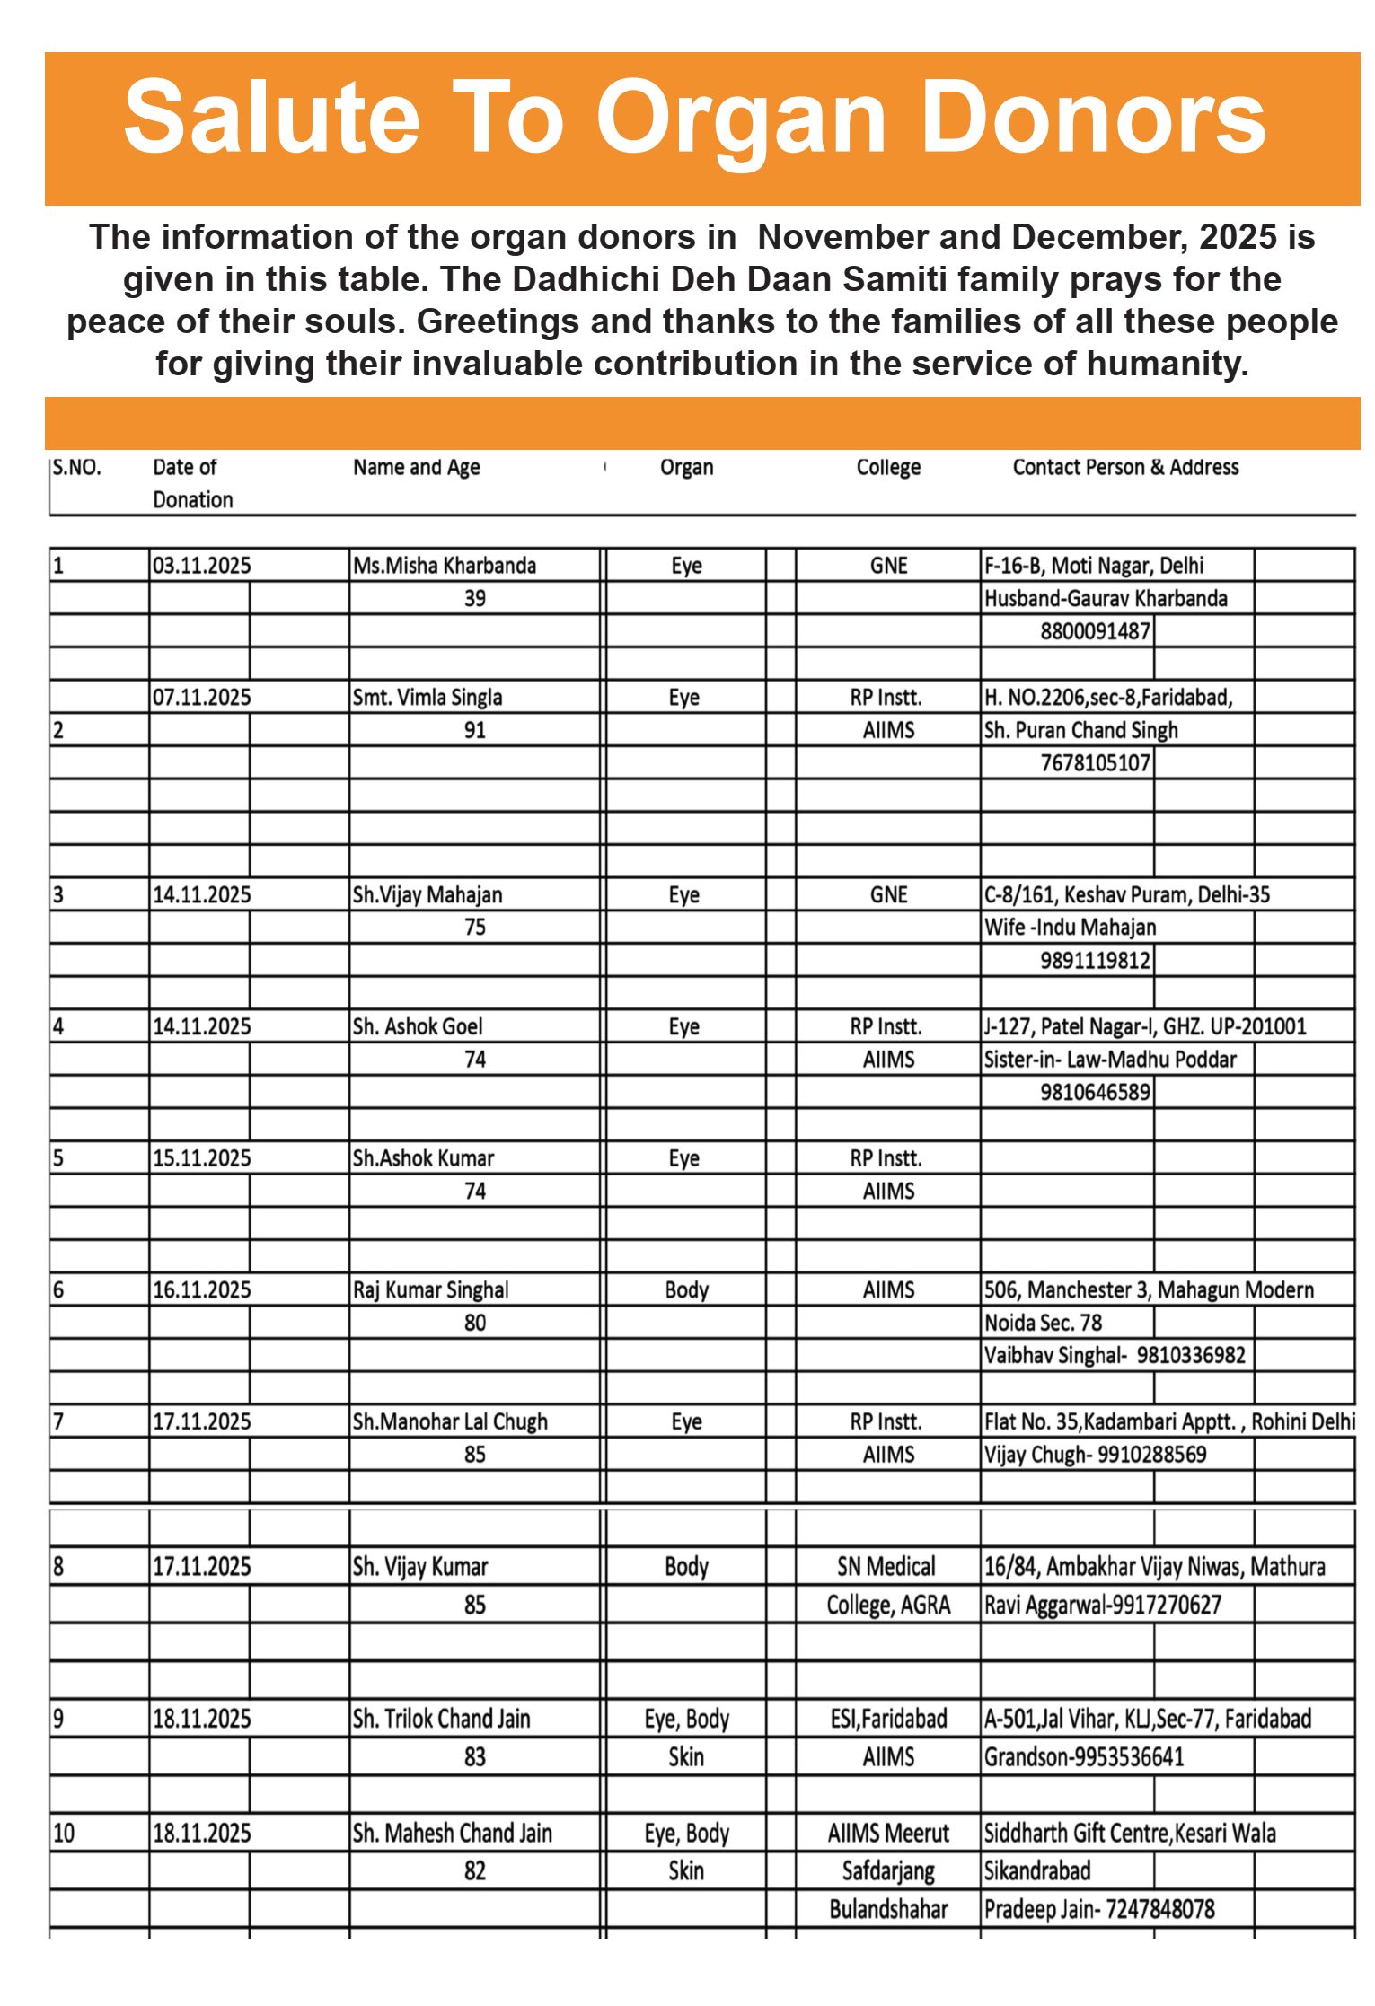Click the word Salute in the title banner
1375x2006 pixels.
click(271, 119)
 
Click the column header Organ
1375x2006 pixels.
click(686, 467)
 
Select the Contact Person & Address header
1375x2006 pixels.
click(1125, 467)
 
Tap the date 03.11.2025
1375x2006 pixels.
click(202, 566)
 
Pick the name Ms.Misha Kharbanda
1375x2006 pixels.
click(445, 566)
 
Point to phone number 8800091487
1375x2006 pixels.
click(1095, 631)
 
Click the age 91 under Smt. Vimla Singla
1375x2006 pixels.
click(475, 730)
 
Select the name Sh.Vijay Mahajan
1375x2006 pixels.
click(427, 895)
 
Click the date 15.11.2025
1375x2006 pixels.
click(202, 1158)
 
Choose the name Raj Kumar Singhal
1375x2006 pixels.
click(430, 1290)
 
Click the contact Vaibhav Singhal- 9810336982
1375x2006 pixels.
click(1115, 1355)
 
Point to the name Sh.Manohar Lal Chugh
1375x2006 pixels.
click(450, 1421)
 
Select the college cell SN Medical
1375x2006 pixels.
click(886, 1567)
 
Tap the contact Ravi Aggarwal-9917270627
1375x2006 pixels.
click(1103, 1605)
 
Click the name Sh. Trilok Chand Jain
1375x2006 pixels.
click(441, 1719)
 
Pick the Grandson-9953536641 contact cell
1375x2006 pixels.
click(1084, 1756)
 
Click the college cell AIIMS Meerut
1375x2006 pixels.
click(888, 1833)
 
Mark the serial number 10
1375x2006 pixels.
click(64, 1833)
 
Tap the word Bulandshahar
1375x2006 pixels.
click(888, 1908)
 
